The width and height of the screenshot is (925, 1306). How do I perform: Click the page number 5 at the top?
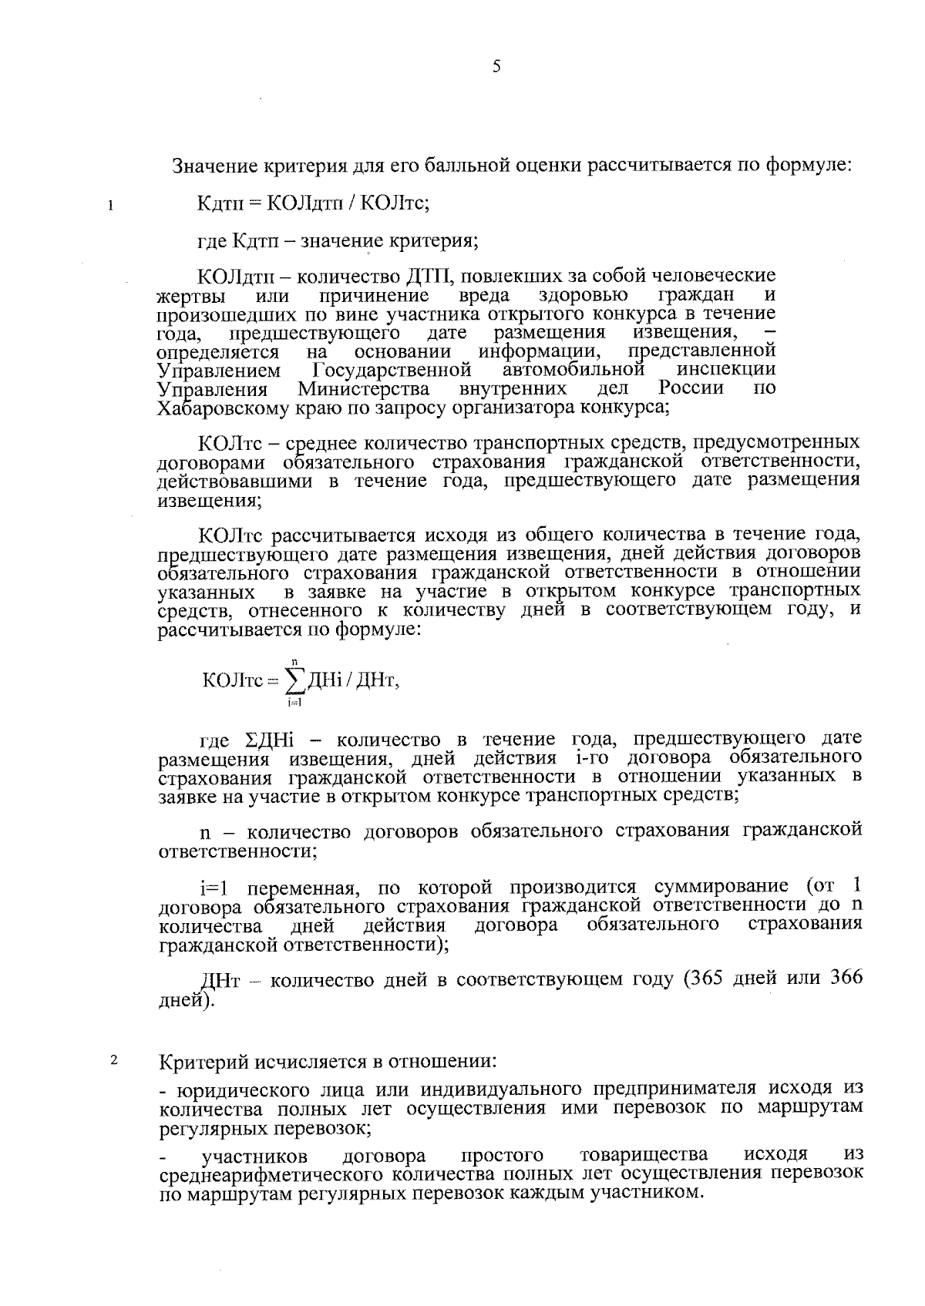496,67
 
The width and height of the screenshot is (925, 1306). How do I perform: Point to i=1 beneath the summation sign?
294,701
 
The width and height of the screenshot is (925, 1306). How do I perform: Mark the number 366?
846,979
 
